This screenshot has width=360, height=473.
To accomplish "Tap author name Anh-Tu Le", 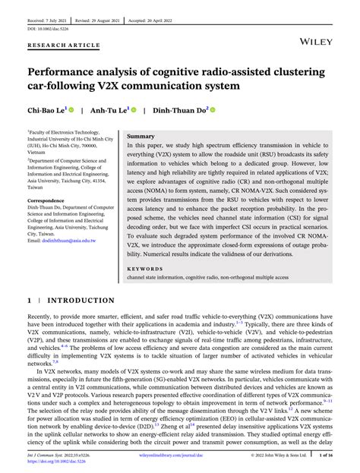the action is pos(109,110).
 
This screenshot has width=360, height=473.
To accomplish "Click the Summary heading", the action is pos(141,137).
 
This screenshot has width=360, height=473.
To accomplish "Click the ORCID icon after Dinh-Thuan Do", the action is pos(213,110).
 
